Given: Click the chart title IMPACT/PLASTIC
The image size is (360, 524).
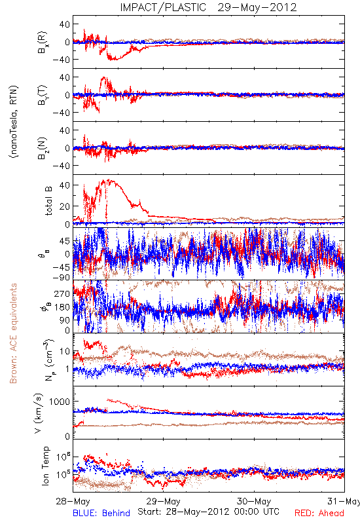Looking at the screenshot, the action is click(x=163, y=7).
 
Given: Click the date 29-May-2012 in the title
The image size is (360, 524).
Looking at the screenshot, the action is click(x=257, y=7).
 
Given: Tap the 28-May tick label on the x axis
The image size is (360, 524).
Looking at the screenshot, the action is click(x=73, y=501).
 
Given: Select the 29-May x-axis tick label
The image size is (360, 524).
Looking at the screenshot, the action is click(x=163, y=501).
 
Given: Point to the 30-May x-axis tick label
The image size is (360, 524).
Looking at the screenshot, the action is click(x=254, y=501).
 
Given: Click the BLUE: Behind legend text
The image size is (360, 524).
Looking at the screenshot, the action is click(x=101, y=513).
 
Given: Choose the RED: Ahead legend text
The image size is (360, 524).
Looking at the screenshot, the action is click(x=319, y=513).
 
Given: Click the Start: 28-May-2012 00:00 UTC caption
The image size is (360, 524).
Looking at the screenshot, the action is click(x=208, y=512).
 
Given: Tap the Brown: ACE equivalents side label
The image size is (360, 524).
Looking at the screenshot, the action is click(x=13, y=333).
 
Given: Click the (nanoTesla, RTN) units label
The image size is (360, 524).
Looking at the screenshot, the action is click(x=14, y=121).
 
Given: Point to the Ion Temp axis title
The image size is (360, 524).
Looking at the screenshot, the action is click(x=45, y=466).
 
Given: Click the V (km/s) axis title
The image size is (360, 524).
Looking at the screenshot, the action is click(x=39, y=413).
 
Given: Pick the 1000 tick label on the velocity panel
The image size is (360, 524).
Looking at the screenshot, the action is click(x=60, y=402).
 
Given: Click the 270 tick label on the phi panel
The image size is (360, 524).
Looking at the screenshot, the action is click(x=62, y=293).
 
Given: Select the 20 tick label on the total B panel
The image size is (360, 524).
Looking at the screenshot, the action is click(x=65, y=206).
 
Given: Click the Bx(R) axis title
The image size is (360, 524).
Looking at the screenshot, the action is click(x=43, y=43).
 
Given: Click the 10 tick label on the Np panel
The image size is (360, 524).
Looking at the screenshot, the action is click(x=65, y=351).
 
